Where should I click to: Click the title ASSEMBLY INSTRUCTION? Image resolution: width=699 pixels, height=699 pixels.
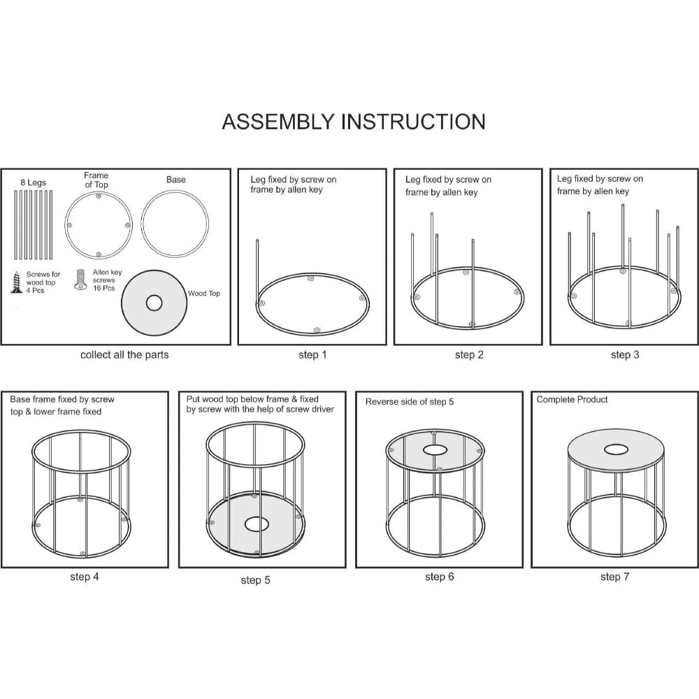[354, 122]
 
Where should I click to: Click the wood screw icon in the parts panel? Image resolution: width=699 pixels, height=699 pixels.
[17, 282]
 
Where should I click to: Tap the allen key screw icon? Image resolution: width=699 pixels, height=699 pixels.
[80, 280]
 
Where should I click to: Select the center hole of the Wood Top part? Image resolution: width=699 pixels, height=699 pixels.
[154, 303]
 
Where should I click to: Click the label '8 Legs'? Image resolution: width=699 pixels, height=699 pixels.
[33, 182]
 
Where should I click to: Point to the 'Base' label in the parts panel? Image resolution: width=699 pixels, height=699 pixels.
[175, 180]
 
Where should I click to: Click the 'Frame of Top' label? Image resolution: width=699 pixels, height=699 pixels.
[96, 180]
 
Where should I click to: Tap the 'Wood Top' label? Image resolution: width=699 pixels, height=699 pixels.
[203, 294]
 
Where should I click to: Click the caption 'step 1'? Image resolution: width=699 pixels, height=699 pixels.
[312, 355]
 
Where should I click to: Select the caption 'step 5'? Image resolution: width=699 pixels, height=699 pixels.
[255, 580]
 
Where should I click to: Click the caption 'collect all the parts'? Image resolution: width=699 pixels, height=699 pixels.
[124, 355]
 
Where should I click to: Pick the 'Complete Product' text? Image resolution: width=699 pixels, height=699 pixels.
[572, 399]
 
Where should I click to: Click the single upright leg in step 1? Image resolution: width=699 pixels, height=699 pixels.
[257, 273]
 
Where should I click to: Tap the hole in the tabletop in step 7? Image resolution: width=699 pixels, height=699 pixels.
[616, 449]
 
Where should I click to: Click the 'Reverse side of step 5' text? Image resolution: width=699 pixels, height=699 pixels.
[410, 402]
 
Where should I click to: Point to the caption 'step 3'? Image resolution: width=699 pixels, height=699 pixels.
[625, 355]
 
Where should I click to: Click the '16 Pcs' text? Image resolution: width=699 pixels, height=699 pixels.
[104, 289]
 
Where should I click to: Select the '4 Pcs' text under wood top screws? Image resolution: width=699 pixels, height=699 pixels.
[35, 291]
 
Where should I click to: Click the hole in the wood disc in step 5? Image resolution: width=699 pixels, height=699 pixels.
[254, 524]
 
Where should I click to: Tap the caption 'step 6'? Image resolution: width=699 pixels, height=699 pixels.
[440, 577]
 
